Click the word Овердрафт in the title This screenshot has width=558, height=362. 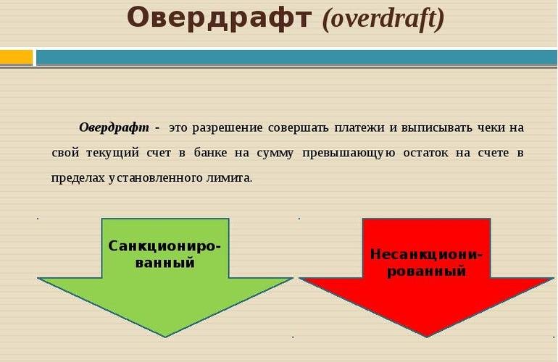coord(220,18)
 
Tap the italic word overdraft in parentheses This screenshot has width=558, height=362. coord(383,20)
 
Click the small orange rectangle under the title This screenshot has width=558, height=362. coord(16,57)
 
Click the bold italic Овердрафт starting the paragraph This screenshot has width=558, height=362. coord(114,127)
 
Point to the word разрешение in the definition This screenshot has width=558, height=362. coord(227,127)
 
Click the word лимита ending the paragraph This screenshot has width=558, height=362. coord(230,177)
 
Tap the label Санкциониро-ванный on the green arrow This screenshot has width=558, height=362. coord(165,253)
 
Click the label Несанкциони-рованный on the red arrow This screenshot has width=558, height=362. coord(426,263)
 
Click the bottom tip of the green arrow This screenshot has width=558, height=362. coord(165,335)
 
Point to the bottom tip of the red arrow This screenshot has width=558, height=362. coord(427,335)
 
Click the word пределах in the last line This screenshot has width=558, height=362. coord(78,177)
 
